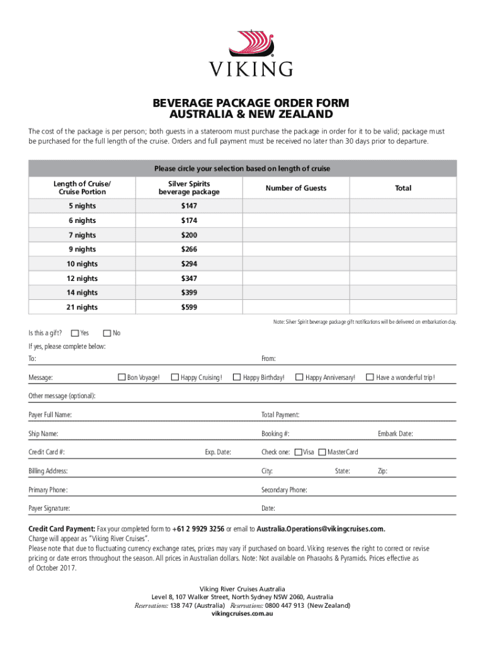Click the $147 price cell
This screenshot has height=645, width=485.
pos(190,205)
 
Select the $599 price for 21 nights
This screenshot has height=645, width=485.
pos(190,307)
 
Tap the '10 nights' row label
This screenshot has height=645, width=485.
pos(83,264)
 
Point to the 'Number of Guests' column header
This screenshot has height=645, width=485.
pos(295,188)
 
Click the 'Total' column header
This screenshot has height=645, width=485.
pos(402,188)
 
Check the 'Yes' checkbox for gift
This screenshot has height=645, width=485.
pos(76,333)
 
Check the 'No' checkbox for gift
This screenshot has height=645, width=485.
pos(107,333)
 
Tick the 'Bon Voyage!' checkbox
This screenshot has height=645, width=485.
pos(122,377)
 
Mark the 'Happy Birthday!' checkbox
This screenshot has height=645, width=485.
pos(237,377)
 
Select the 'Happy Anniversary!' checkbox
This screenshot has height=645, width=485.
pos(299,377)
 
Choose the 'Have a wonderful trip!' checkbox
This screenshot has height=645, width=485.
pos(370,377)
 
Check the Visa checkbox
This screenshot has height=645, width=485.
pos(299,452)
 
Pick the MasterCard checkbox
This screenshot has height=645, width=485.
pos(322,452)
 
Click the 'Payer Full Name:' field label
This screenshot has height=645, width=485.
pos(50,415)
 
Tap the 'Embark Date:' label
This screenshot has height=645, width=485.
pos(395,434)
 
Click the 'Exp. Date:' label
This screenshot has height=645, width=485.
pos(218,452)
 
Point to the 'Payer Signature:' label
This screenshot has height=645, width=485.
pos(49,508)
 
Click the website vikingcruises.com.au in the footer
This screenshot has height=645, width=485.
pos(243,614)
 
